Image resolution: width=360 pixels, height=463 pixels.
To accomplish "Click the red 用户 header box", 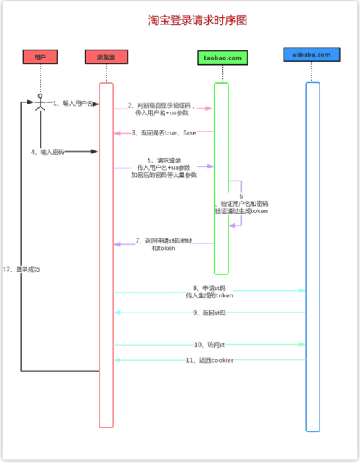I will click(x=40, y=56).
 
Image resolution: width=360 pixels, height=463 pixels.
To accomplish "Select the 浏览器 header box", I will click(x=106, y=56).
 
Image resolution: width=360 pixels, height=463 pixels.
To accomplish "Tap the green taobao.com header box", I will click(x=222, y=56).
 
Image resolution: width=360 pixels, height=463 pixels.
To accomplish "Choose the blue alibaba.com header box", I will click(x=312, y=55).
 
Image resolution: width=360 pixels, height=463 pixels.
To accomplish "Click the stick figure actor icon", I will click(x=40, y=103).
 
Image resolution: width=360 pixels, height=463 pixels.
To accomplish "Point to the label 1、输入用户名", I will click(x=73, y=103).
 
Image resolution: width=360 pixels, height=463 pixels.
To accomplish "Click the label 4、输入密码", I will click(x=48, y=152).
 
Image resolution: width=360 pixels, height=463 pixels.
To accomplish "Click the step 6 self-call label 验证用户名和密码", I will click(x=241, y=207).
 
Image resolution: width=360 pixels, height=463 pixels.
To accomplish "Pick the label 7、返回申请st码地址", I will click(x=163, y=243).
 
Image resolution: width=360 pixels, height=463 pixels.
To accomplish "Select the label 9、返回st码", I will click(x=210, y=313).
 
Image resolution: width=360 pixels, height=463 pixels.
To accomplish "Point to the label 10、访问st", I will click(x=210, y=345).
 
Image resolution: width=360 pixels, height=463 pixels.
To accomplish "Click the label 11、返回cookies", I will click(x=210, y=359).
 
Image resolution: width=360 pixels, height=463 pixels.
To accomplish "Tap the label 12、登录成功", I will click(x=21, y=269).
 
